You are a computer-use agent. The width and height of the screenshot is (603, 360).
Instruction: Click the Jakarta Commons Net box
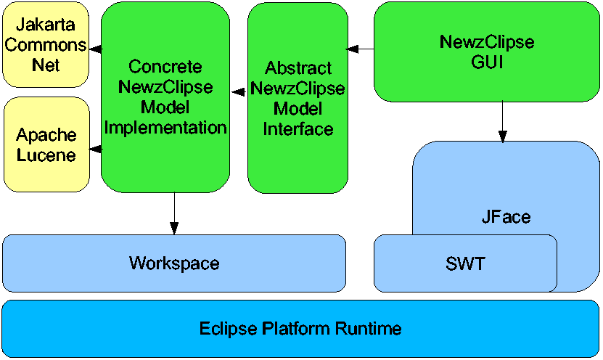pyautogui.click(x=46, y=45)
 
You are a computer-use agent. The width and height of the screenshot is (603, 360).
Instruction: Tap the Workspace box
pyautogui.click(x=173, y=263)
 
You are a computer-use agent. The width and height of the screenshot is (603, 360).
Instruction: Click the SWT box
pyautogui.click(x=464, y=263)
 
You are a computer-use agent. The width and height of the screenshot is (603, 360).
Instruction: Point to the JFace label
pyautogui.click(x=506, y=216)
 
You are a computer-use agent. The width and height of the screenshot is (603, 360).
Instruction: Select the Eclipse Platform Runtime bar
pyautogui.click(x=300, y=329)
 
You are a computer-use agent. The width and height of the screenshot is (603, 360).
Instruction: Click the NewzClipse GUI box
pyautogui.click(x=487, y=52)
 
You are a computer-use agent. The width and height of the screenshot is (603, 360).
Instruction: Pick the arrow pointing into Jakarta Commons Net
pyautogui.click(x=94, y=49)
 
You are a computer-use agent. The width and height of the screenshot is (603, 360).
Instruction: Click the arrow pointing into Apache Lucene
pyautogui.click(x=95, y=149)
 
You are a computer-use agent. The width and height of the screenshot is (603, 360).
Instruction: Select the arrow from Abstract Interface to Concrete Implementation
pyautogui.click(x=239, y=92)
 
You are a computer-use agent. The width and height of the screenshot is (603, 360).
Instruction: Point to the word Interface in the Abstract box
pyautogui.click(x=298, y=129)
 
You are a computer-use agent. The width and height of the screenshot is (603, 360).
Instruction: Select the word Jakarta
pyautogui.click(x=46, y=28)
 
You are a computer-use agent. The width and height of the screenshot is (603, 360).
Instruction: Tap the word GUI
pyautogui.click(x=486, y=62)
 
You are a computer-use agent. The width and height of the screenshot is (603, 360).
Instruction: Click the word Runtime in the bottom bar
pyautogui.click(x=369, y=329)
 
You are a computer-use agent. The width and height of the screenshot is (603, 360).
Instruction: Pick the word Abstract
pyautogui.click(x=298, y=68)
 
